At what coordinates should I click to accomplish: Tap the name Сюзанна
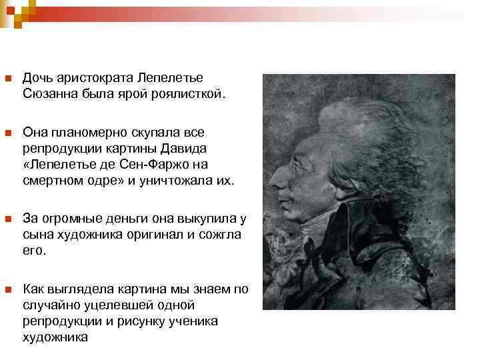pyautogui.click(x=50, y=94)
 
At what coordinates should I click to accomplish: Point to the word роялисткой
pyautogui.click(x=193, y=94)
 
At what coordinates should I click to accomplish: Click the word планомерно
pyautogui.click(x=86, y=133)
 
